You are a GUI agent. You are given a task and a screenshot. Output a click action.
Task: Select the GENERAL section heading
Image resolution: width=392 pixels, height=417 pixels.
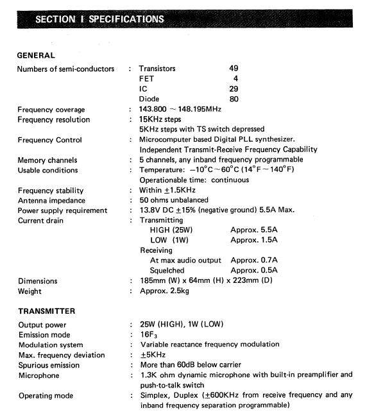click(36, 55)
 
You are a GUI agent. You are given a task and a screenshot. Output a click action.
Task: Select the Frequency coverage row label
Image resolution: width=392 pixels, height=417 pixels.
click(51, 110)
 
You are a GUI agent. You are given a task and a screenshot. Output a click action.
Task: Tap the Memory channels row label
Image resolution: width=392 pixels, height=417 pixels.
click(47, 160)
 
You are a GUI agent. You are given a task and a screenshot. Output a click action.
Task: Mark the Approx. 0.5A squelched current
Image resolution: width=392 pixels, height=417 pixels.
click(254, 270)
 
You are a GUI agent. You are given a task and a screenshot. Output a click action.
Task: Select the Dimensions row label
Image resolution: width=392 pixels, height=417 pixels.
click(37, 281)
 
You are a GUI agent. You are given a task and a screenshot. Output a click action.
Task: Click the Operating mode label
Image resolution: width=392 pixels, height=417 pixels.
click(46, 395)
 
